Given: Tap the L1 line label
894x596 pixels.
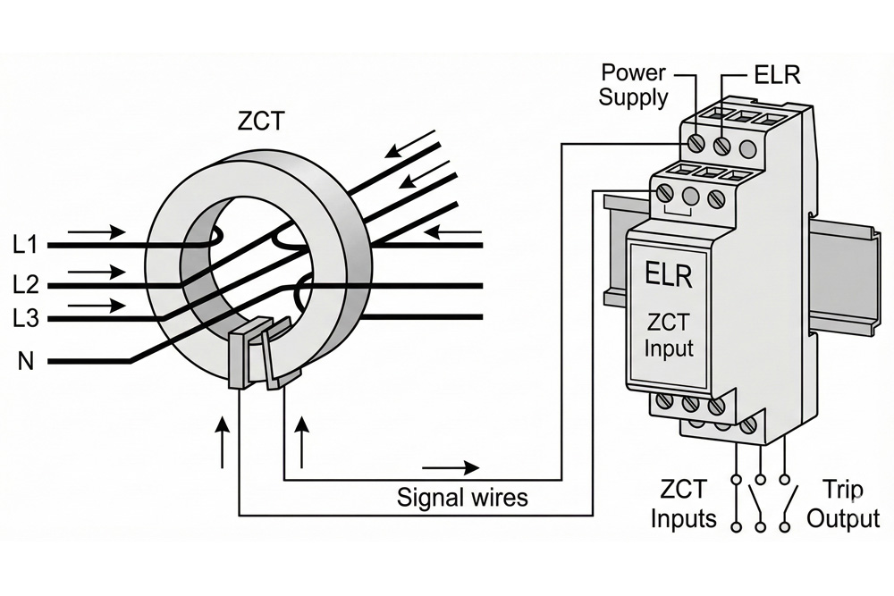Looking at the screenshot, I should pos(27,243).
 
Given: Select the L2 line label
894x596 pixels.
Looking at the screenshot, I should pos(27,285).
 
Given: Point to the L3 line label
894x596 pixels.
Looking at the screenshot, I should pos(27,318).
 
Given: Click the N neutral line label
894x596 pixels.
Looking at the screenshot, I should pos(28,362).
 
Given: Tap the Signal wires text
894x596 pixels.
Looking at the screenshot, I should pos(462,497).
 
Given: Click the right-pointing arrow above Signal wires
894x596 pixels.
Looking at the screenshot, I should pos(451,468).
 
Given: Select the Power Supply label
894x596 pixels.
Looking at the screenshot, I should pos(633,85).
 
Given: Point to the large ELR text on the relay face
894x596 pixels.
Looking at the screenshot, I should pos(668,275).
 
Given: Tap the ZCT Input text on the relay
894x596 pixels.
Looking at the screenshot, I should pos(669,334).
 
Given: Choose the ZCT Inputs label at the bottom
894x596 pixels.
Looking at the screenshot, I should pos(683,504).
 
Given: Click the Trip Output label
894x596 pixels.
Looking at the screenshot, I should pos(843,504).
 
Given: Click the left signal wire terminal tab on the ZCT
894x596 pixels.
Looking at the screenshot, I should pos(240,358).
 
